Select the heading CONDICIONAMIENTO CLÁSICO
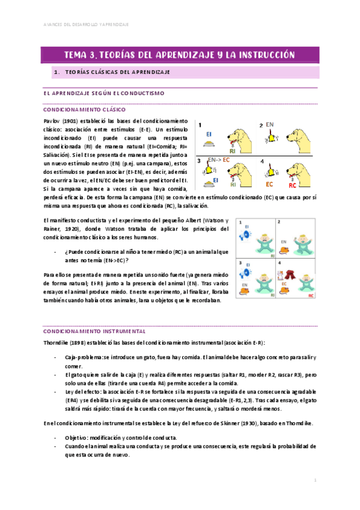84,111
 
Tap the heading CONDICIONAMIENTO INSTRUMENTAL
94,331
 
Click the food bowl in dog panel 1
208,144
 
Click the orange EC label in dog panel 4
269,183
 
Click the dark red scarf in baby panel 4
294,276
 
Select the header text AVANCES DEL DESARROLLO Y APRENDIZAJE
87,25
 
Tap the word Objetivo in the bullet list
77,437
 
